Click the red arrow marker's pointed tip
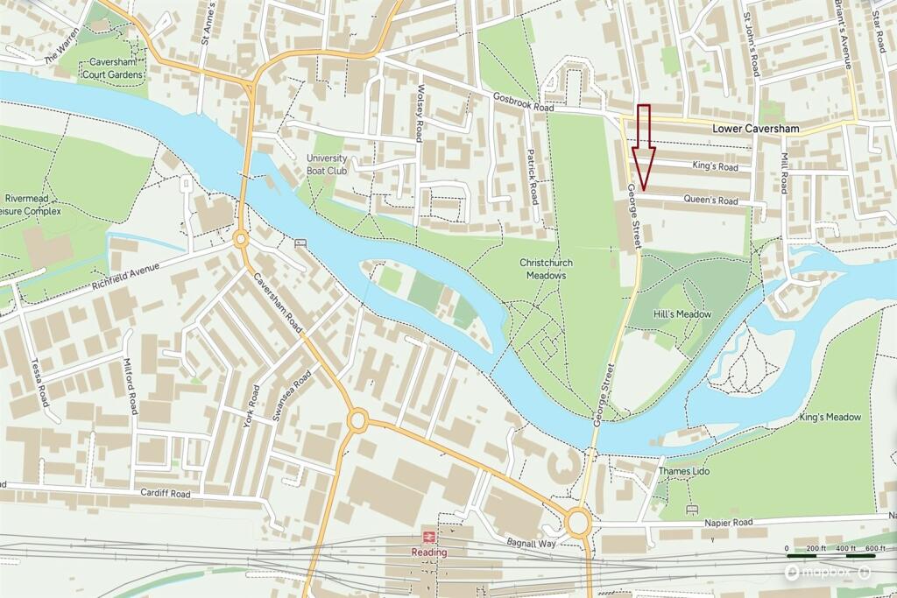644,188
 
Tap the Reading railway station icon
429,537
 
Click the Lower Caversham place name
755,129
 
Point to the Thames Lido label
684,471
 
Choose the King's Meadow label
830,417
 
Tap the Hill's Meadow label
682,313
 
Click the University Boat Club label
327,164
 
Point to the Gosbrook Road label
524,102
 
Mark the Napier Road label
729,522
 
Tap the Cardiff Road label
166,493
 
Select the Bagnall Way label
533,544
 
